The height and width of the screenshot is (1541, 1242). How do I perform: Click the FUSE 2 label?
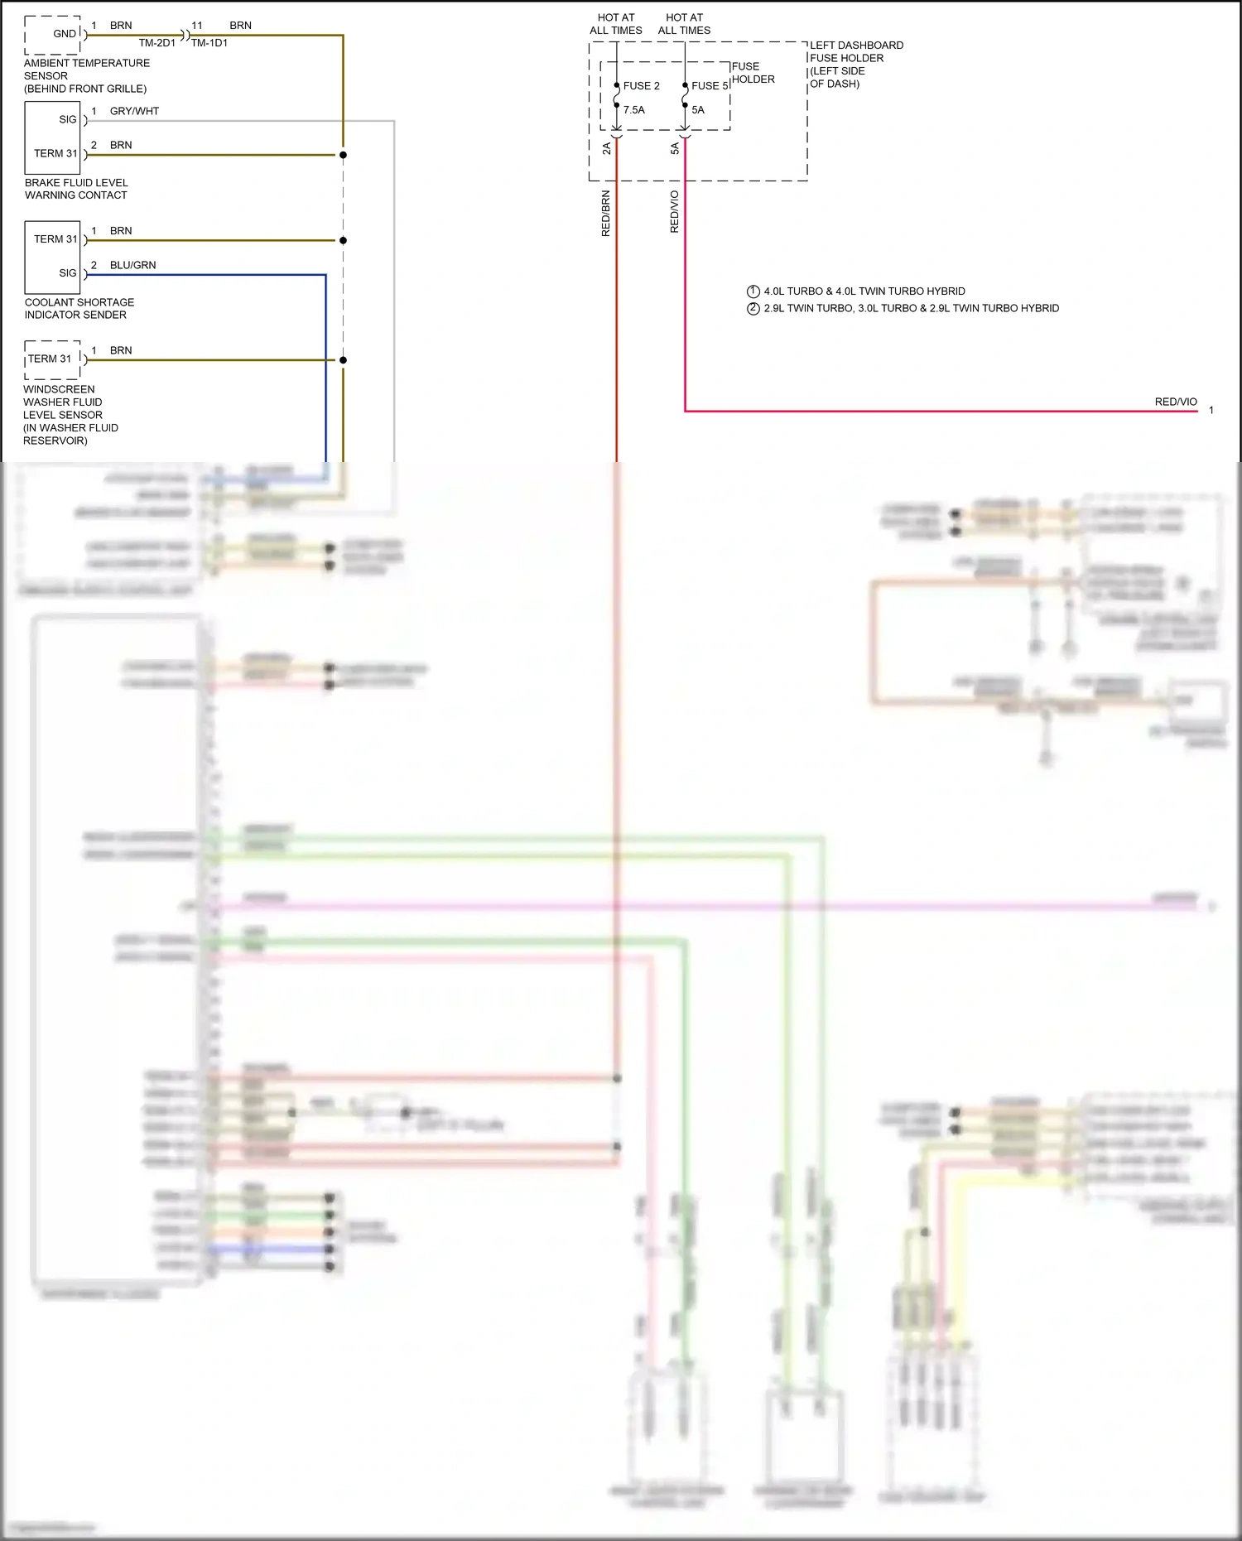(641, 86)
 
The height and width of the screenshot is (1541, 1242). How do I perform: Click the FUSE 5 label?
(710, 86)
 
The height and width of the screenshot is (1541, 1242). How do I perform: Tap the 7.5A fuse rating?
(633, 110)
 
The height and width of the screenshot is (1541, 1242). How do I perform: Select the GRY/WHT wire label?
(134, 111)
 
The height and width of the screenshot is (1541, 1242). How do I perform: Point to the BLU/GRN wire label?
(132, 265)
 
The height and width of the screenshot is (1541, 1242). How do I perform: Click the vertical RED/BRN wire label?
(605, 214)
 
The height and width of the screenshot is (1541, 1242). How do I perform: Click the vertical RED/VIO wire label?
(674, 212)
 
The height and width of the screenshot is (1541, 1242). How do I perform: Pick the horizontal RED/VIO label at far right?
(1176, 402)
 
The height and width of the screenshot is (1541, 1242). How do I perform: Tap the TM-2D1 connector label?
(156, 43)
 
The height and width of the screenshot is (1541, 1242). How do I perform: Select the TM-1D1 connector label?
(209, 43)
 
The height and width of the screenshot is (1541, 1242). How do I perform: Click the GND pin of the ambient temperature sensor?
(65, 34)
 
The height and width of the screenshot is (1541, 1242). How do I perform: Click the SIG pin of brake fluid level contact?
(68, 119)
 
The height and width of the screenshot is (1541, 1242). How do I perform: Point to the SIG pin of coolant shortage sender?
(68, 273)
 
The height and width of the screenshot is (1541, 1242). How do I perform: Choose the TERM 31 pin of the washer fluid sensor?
(50, 359)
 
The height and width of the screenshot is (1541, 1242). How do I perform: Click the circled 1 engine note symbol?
(753, 291)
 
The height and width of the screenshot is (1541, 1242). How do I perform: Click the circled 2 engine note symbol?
(753, 308)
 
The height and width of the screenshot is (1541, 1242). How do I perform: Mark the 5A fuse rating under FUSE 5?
(698, 110)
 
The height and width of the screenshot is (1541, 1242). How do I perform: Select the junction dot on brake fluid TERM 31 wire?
(343, 155)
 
